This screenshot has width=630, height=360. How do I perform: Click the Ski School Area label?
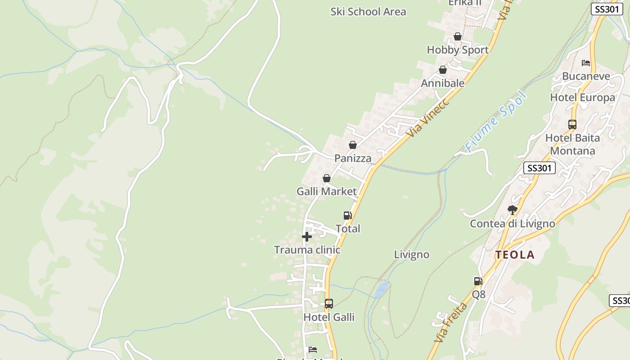[x=368, y=12]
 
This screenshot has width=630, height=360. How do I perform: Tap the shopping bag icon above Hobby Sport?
[x=458, y=36]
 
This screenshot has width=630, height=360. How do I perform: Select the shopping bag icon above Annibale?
[x=443, y=70]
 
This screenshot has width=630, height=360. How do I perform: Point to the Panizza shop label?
[x=353, y=158]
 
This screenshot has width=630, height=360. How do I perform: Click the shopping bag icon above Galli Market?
[x=327, y=178]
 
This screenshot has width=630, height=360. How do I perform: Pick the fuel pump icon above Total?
[x=347, y=216]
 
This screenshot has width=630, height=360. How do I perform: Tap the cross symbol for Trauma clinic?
[x=307, y=237]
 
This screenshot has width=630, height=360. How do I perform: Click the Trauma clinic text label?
[x=307, y=250]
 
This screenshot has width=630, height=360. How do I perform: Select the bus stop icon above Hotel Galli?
[x=329, y=304]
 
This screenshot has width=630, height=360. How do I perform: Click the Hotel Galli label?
[x=329, y=317]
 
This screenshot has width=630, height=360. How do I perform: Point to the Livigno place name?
[x=412, y=255]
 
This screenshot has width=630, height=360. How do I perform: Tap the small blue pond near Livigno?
[x=382, y=289]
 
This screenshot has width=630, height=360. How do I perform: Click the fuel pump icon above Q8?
[x=478, y=281]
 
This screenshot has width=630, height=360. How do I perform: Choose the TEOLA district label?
[x=515, y=255]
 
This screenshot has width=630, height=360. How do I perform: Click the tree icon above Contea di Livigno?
[x=512, y=210]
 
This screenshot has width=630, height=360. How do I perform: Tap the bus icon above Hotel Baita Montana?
[x=572, y=125]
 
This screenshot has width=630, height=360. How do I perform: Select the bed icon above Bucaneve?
[x=586, y=63]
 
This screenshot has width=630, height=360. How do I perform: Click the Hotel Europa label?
[x=582, y=98]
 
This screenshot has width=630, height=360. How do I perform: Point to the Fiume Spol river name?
[x=496, y=121]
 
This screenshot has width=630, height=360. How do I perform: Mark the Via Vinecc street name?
[x=427, y=118]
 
